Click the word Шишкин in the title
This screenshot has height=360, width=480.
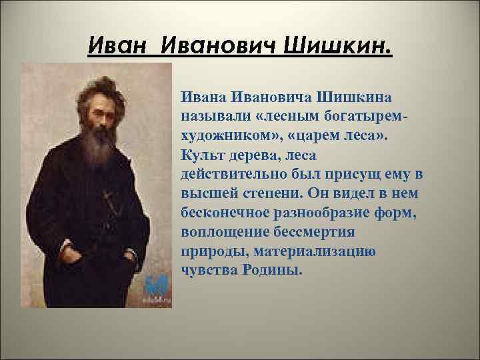point(339,48)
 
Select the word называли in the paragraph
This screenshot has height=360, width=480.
point(213,119)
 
